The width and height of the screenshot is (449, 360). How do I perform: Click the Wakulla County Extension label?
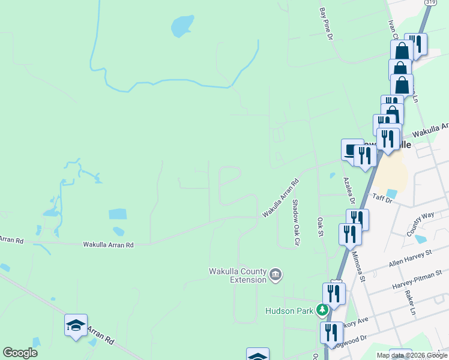pyautogui.click(x=237, y=275)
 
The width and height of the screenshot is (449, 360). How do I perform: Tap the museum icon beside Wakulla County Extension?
pyautogui.click(x=276, y=275)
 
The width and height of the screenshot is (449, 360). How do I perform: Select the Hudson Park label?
pyautogui.click(x=291, y=311)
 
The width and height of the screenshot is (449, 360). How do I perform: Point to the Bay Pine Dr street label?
pyautogui.click(x=326, y=24)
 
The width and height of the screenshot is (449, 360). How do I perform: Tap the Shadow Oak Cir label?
pyautogui.click(x=295, y=223)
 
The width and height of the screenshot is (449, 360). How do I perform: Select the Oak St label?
pyautogui.click(x=321, y=227)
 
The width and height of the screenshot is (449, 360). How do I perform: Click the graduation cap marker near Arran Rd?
pyautogui.click(x=76, y=325)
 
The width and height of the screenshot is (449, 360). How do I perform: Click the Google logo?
pyautogui.click(x=20, y=353)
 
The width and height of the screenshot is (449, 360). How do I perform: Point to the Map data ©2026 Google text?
pyautogui.click(x=412, y=355)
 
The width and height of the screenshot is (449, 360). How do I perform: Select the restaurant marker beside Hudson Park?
pyautogui.click(x=334, y=294)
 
